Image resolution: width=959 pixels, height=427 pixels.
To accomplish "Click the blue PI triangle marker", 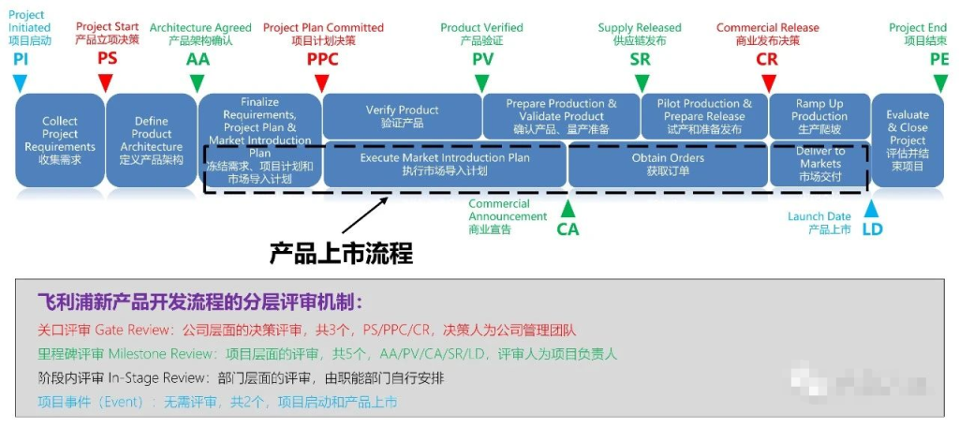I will click(x=21, y=82).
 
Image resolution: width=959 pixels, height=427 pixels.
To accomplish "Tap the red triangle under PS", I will click(x=106, y=82).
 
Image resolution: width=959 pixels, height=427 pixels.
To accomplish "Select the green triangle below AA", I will click(x=198, y=82).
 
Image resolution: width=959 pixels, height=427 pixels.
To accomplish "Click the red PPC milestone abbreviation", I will click(x=322, y=59).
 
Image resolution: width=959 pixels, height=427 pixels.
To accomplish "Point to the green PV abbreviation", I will click(x=481, y=59).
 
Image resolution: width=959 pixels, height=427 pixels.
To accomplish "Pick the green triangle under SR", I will click(x=642, y=82).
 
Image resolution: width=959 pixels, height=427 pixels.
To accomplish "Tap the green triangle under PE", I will click(x=940, y=82).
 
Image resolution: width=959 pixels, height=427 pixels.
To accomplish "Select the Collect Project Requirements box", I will click(x=59, y=140).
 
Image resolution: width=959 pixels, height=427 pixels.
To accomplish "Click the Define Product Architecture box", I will click(x=151, y=140).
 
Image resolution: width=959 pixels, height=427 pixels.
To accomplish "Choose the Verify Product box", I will click(x=401, y=116).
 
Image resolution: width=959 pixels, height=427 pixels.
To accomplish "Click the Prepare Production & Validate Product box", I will click(x=561, y=116).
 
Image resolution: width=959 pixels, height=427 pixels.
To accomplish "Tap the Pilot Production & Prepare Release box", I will click(x=704, y=116).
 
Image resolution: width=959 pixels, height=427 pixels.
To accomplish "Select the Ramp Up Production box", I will click(x=819, y=116).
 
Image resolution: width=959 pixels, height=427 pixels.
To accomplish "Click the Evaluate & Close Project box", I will click(x=907, y=140).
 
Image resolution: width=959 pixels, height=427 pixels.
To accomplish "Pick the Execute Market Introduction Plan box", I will click(x=445, y=165).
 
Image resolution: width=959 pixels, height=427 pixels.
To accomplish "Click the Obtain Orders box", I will click(x=668, y=165).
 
